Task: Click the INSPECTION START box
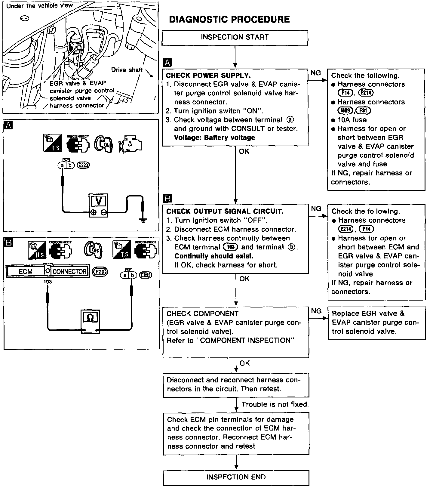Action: pyautogui.click(x=235, y=38)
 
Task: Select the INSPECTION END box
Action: pyautogui.click(x=236, y=477)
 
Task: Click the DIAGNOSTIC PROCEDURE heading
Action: pyautogui.click(x=229, y=20)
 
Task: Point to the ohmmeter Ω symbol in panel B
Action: pyautogui.click(x=90, y=318)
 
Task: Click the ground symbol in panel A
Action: pyautogui.click(x=143, y=221)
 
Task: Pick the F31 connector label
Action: pyautogui.click(x=363, y=111)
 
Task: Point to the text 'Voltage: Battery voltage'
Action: pyautogui.click(x=214, y=137)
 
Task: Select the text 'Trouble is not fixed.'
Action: pyautogui.click(x=275, y=404)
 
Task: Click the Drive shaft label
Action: pyautogui.click(x=127, y=70)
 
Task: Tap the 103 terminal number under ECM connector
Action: pyautogui.click(x=48, y=282)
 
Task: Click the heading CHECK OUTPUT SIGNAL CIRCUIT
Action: pyautogui.click(x=225, y=211)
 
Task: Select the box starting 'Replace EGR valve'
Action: pyautogui.click(x=376, y=323)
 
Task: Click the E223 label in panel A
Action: pyautogui.click(x=83, y=165)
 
